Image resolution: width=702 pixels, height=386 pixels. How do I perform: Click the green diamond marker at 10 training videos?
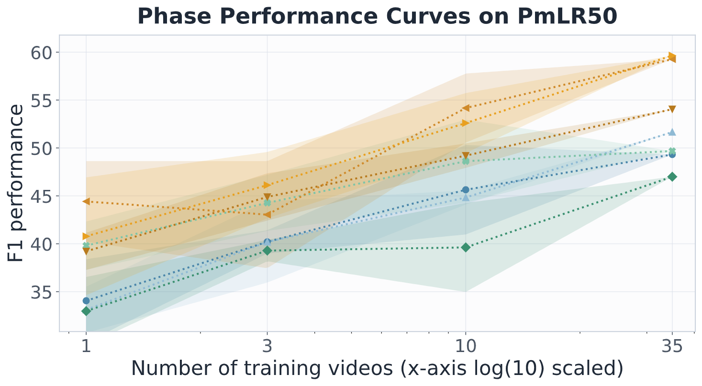pos(466,247)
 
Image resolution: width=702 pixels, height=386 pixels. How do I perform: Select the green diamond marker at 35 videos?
pos(672,177)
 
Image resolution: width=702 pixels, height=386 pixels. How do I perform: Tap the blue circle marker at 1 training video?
pos(86,301)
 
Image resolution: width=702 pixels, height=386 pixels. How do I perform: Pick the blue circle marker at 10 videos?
pos(466,190)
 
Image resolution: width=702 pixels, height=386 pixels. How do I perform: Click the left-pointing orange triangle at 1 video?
pos(86,201)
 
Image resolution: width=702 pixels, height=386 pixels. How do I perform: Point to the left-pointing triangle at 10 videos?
pos(466,108)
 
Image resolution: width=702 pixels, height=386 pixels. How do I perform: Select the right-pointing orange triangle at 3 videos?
pos(267,185)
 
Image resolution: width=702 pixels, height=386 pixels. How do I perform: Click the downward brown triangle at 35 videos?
pos(672,110)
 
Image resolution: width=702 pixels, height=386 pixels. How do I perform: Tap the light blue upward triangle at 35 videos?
pos(672,132)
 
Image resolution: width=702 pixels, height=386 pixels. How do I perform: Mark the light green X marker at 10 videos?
pos(466,161)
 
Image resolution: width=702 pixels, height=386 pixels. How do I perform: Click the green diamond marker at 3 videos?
pos(267,250)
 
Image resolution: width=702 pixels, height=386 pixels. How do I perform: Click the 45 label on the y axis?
pos(41,197)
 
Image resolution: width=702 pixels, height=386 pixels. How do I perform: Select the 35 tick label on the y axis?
pos(41,292)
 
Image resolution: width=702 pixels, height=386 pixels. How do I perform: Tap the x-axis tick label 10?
pos(466,346)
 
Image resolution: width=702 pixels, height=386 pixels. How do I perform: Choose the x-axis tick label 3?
pos(267,346)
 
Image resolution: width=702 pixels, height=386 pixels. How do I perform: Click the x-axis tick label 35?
pos(672,346)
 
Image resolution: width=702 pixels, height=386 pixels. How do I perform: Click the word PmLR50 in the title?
pos(567,16)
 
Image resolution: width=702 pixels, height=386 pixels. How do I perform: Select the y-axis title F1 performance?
pos(15,183)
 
